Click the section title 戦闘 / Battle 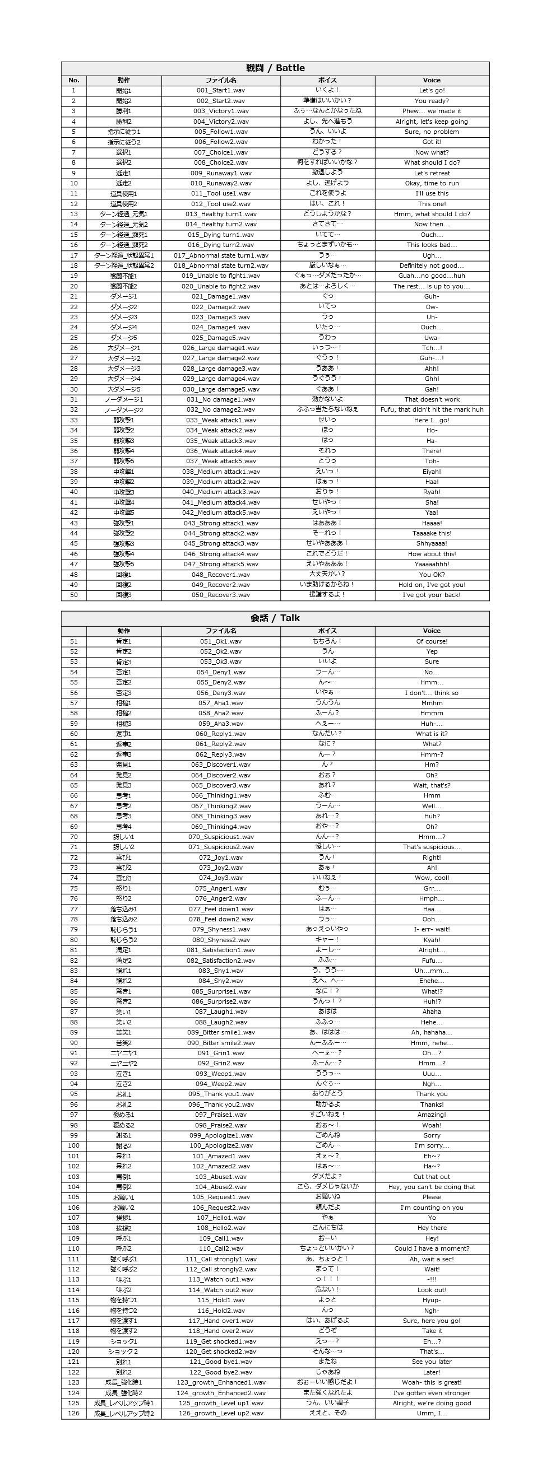point(275,68)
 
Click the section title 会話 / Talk point(275,618)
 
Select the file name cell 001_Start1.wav point(220,90)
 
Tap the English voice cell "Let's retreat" point(432,173)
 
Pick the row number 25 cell point(73,338)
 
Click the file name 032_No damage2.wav point(220,409)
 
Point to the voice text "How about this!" point(432,554)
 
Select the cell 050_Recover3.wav point(220,595)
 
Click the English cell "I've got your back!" point(432,595)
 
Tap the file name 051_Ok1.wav point(220,641)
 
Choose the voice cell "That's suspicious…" point(432,847)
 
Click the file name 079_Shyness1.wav point(220,929)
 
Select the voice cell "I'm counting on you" point(432,1207)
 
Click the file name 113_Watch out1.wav point(220,1279)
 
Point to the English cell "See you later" point(432,1362)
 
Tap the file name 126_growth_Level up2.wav point(220,1413)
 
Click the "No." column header point(73,81)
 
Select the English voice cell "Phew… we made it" point(432,111)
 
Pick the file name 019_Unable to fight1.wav point(220,276)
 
